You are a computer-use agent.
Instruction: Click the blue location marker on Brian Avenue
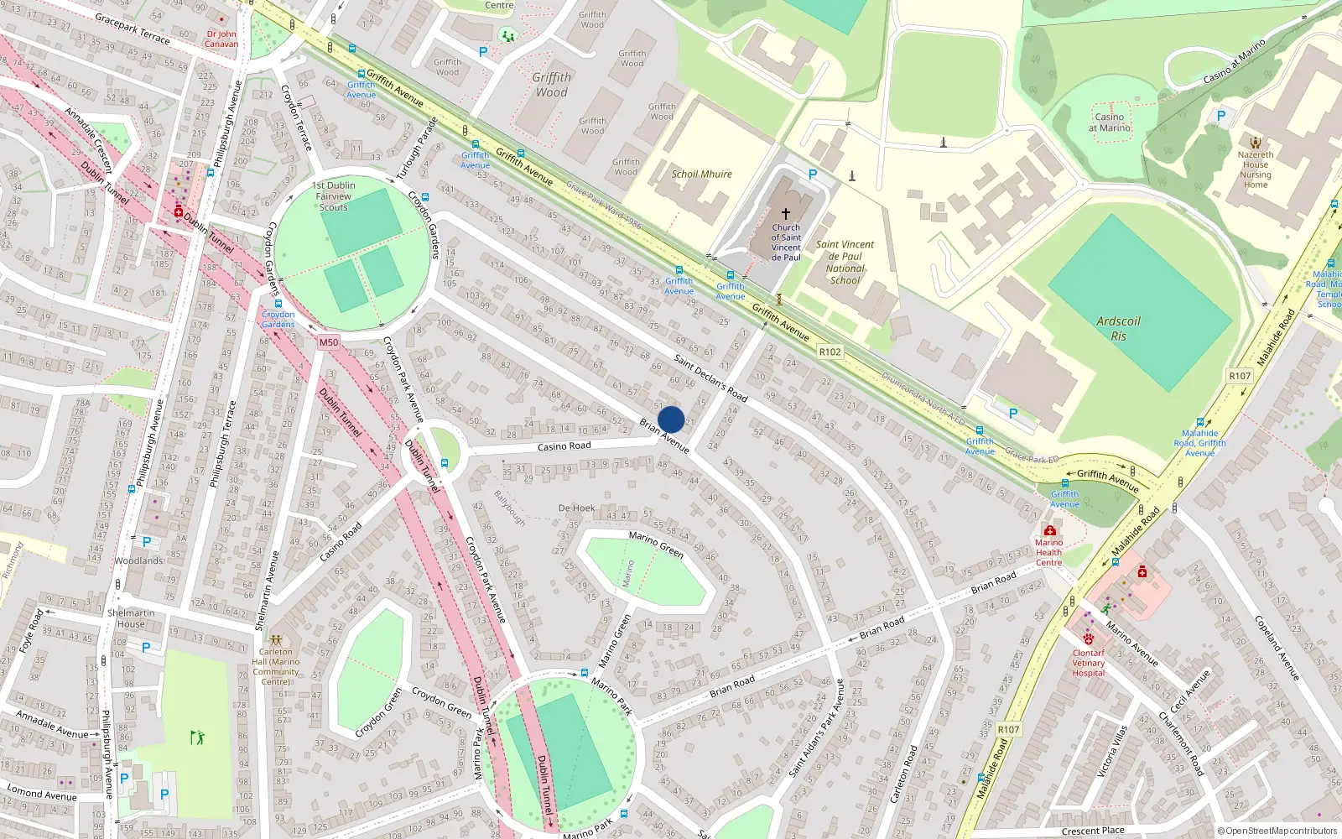[671, 419]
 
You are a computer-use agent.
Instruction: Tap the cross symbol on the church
[786, 214]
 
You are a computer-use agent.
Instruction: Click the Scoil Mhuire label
[701, 175]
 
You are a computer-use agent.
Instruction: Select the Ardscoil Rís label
[1118, 328]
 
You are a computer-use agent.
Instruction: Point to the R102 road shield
[830, 352]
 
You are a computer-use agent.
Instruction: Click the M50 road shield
[328, 342]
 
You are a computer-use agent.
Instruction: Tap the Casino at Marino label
[1110, 122]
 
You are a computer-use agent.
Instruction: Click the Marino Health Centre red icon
[1049, 530]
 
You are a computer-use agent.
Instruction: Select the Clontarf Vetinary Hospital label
[1089, 663]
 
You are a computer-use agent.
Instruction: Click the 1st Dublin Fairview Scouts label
[334, 196]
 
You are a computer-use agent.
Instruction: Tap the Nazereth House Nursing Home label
[1256, 169]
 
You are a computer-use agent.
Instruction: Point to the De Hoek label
[576, 508]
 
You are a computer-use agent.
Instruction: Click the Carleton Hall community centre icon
[275, 639]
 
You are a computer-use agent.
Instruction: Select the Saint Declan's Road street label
[710, 378]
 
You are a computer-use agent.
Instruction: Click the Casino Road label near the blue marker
[564, 446]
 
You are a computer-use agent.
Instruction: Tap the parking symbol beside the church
[812, 175]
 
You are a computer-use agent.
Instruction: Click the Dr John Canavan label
[221, 39]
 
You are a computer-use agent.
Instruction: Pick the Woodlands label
[139, 560]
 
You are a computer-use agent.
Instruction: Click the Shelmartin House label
[131, 618]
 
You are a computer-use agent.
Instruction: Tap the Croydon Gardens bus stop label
[278, 320]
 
